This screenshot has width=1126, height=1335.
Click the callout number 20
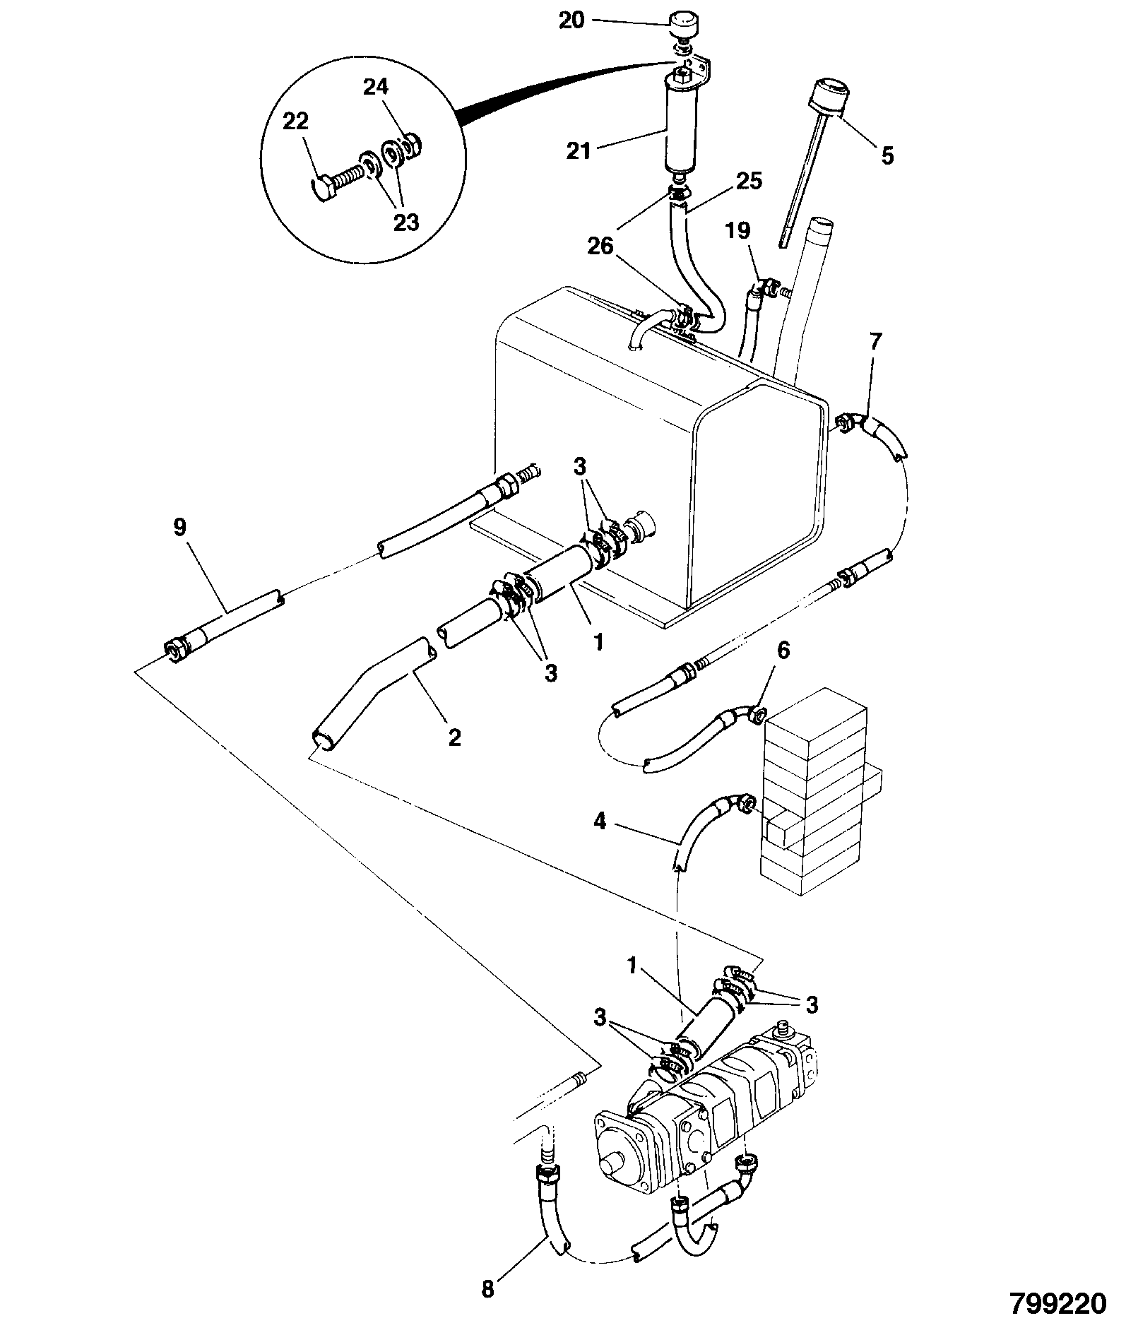(x=572, y=20)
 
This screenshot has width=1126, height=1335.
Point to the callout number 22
(x=296, y=121)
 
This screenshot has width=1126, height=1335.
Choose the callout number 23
(x=405, y=223)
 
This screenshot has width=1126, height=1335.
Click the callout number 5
(x=887, y=155)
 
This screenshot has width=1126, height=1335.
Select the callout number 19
(x=737, y=231)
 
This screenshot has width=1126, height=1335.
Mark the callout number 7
(x=875, y=343)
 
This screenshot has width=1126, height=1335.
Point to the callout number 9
(x=180, y=528)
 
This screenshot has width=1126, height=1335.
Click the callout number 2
(x=455, y=737)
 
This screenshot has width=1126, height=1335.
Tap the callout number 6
(x=783, y=651)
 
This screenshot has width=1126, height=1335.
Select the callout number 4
(x=599, y=822)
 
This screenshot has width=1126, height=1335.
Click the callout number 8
(x=488, y=1289)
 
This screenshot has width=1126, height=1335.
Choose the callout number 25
(x=749, y=182)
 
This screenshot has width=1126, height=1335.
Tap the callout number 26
(x=600, y=246)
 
